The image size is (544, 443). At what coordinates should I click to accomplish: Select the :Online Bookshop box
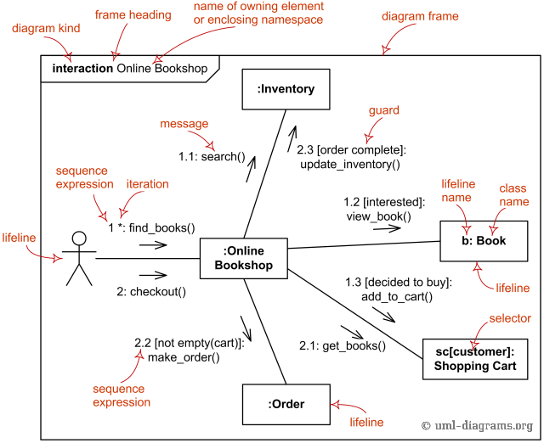click(243, 258)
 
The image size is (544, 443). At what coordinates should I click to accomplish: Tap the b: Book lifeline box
click(483, 240)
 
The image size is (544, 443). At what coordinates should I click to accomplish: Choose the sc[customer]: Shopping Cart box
click(482, 359)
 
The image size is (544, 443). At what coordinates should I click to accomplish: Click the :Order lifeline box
click(286, 404)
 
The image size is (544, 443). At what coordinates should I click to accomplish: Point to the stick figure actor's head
click(79, 238)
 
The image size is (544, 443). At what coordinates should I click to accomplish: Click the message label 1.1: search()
click(211, 157)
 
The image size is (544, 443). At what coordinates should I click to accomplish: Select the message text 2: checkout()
click(151, 291)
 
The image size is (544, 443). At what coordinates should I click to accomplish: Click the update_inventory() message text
click(350, 164)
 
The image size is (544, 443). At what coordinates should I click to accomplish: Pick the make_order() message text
click(184, 357)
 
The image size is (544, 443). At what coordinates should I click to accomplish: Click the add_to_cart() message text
click(397, 296)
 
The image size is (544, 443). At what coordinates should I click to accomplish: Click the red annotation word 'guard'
click(383, 110)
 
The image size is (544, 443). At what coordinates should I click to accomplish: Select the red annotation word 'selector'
click(510, 319)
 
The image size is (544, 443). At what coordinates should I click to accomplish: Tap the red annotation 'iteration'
click(147, 184)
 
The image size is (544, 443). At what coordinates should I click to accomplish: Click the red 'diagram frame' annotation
click(420, 16)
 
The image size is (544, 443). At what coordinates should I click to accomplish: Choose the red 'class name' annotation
click(513, 194)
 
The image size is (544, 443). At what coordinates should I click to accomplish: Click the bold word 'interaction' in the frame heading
click(82, 68)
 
